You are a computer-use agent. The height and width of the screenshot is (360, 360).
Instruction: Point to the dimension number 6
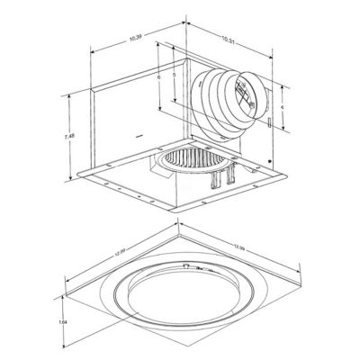pyautogui.click(x=157, y=79)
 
